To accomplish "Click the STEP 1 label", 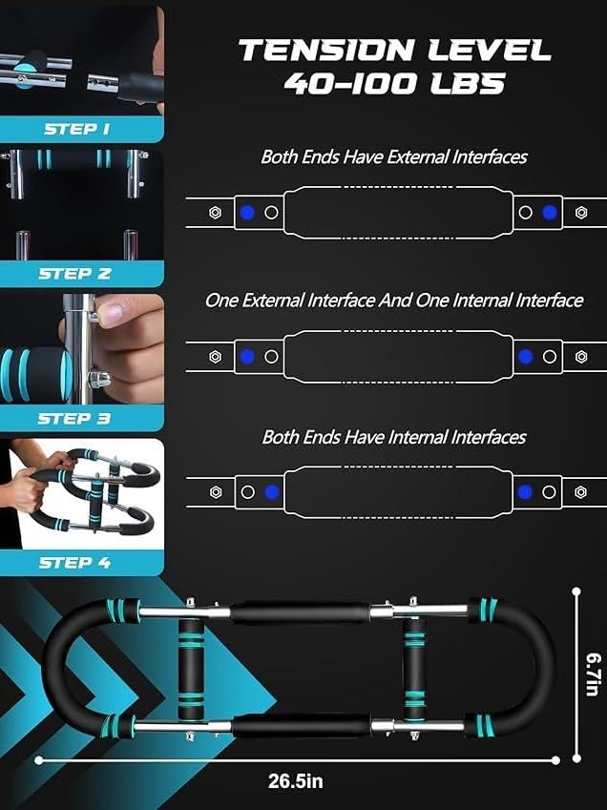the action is [77, 129].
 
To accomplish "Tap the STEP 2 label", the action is [74, 273].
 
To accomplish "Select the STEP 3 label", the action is [74, 419].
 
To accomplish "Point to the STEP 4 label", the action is [74, 563].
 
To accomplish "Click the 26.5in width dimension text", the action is [296, 780].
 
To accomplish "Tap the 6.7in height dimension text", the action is [594, 675].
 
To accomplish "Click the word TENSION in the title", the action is [327, 51].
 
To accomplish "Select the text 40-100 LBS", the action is [395, 84].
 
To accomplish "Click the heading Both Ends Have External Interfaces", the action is [394, 157].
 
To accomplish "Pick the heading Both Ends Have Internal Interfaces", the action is [394, 437].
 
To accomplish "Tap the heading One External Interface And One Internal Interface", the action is [394, 301].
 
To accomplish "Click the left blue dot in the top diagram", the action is [247, 213].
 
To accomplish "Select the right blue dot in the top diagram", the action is [550, 213].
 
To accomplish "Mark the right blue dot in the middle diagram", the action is [525, 357].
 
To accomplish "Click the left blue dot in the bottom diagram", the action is [272, 491].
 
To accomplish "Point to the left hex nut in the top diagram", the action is [216, 213].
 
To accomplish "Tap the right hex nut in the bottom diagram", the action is [580, 491].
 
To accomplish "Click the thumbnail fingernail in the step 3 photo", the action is [110, 313].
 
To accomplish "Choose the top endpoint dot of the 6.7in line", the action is [576, 592].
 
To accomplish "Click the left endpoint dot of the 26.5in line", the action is [39, 759].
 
